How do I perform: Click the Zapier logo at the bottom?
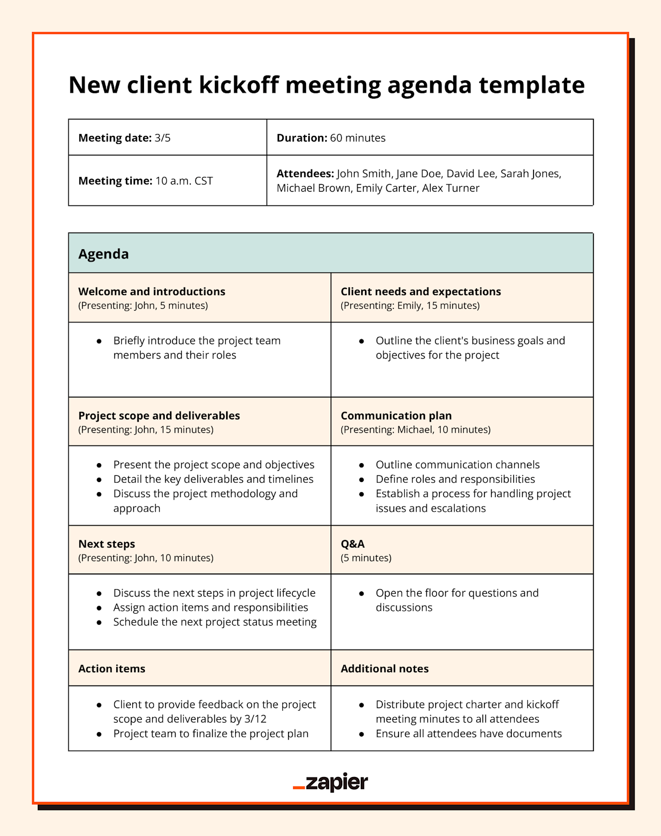pyautogui.click(x=330, y=782)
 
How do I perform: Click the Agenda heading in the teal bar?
pyautogui.click(x=103, y=254)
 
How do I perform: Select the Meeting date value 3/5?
pyautogui.click(x=162, y=138)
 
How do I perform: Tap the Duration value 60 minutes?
pyautogui.click(x=357, y=138)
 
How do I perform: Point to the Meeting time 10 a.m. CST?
pyautogui.click(x=184, y=181)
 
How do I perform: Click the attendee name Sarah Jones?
pyautogui.click(x=530, y=174)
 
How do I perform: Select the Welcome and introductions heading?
pyautogui.click(x=152, y=291)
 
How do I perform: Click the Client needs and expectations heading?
pyautogui.click(x=421, y=291)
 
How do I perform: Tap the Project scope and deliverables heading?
pyautogui.click(x=159, y=415)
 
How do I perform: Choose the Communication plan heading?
pyautogui.click(x=396, y=415)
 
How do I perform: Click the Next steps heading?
pyautogui.click(x=107, y=544)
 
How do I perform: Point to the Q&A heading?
pyautogui.click(x=353, y=544)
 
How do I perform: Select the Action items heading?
pyautogui.click(x=112, y=668)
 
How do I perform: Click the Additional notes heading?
pyautogui.click(x=385, y=668)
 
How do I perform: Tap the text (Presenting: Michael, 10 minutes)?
pyautogui.click(x=415, y=430)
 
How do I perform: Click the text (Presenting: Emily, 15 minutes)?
pyautogui.click(x=410, y=305)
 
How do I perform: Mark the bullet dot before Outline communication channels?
pyautogui.click(x=362, y=465)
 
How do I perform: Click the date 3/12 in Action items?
pyautogui.click(x=255, y=719)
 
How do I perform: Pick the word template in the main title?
pyautogui.click(x=532, y=85)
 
